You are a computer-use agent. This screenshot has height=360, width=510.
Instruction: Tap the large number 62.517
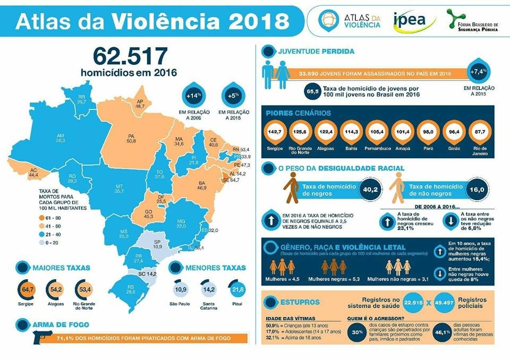130,55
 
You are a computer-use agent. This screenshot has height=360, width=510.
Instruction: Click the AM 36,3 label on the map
60,138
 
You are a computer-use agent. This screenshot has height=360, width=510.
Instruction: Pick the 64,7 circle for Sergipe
29,289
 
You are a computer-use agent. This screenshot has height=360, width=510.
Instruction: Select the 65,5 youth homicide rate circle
313,91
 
